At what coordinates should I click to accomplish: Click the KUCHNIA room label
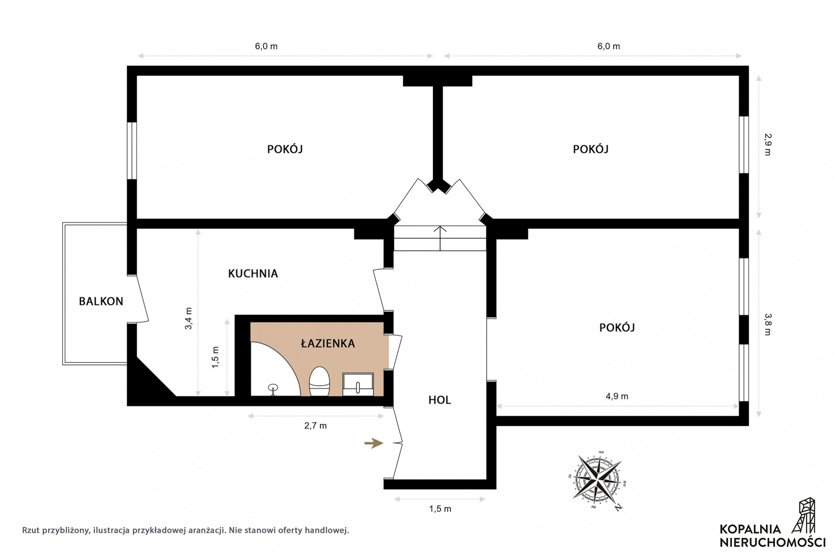[253, 274]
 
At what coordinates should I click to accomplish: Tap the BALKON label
[101, 301]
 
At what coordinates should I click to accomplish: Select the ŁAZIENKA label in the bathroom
[328, 343]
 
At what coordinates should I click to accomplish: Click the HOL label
[439, 400]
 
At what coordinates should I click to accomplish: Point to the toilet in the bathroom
[319, 382]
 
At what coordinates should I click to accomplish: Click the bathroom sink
[358, 384]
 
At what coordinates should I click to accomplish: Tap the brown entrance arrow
[374, 443]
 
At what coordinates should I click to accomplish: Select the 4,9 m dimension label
[617, 396]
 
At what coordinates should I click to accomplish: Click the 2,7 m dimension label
[316, 426]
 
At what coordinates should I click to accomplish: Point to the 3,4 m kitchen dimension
[188, 318]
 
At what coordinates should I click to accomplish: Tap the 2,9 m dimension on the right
[768, 145]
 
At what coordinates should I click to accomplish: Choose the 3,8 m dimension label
[768, 324]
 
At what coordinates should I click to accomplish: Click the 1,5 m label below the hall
[440, 509]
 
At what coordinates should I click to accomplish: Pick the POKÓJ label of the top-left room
[285, 149]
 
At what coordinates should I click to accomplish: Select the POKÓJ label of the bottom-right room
[617, 327]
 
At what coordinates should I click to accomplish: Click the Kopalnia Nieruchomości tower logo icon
[804, 515]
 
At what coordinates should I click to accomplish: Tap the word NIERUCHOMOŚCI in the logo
[772, 543]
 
